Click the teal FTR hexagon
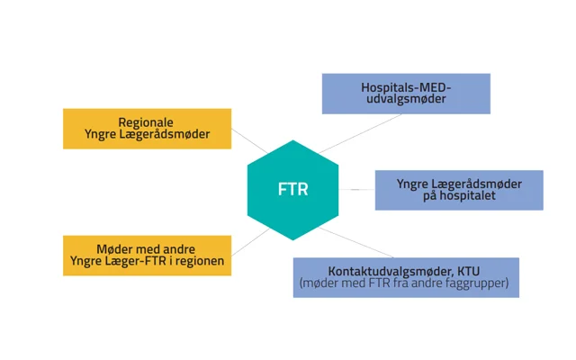tap(292, 190)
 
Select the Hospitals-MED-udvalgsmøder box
tap(406, 94)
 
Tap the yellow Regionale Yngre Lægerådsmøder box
tap(147, 128)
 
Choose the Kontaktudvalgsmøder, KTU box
tap(406, 277)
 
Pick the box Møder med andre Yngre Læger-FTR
tap(147, 256)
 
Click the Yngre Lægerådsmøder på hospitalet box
tap(459, 190)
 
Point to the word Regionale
tap(147, 121)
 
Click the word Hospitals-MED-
tap(406, 87)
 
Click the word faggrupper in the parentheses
tap(478, 283)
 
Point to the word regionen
tap(202, 262)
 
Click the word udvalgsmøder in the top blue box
tap(406, 100)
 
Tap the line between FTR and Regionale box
tap(247, 140)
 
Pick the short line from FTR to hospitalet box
tap(357, 190)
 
